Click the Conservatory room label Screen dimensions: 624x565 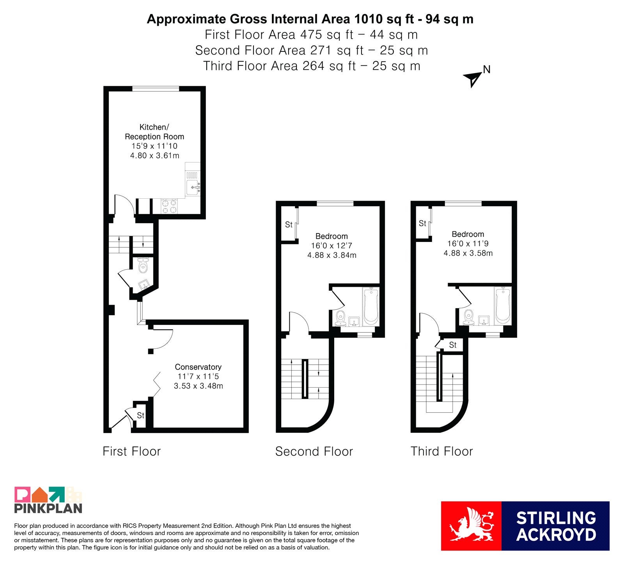[198, 367]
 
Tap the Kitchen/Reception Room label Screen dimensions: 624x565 [154, 132]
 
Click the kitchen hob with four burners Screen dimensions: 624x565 [169, 206]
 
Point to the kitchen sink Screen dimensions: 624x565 [193, 187]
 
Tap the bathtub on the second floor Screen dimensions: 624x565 [370, 306]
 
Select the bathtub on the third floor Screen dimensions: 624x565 [503, 306]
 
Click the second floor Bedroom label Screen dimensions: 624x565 [331, 236]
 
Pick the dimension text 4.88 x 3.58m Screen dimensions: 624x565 [468, 253]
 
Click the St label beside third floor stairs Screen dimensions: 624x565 [453, 345]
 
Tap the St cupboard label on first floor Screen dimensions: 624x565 [140, 415]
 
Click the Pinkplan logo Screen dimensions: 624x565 [48, 500]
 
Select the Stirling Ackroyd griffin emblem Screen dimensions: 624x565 [471, 526]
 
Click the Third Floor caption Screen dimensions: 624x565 [441, 451]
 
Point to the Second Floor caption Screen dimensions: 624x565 [314, 451]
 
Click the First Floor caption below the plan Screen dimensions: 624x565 [131, 451]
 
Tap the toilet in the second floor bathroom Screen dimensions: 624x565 [341, 318]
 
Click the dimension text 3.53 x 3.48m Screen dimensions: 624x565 [199, 386]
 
